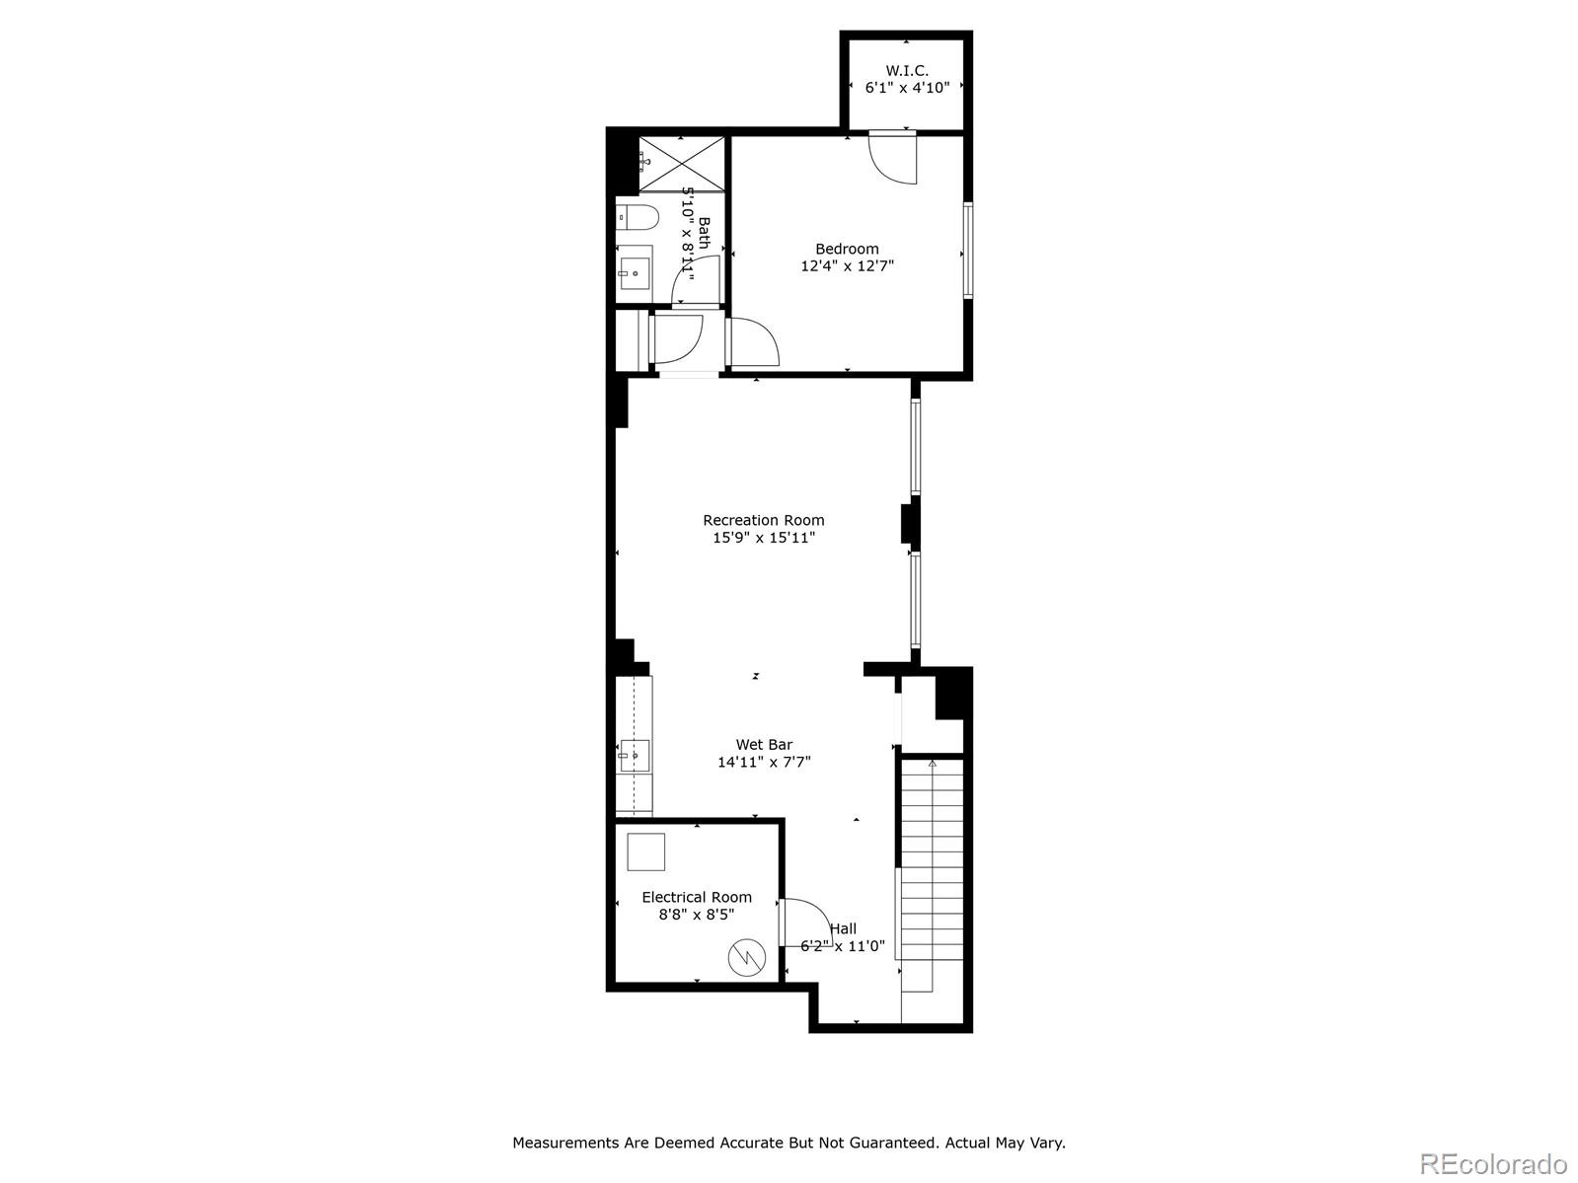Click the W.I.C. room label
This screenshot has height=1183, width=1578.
pyautogui.click(x=907, y=70)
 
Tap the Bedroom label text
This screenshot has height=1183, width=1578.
pyautogui.click(x=847, y=249)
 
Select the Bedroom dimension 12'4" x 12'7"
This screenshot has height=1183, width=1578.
pyautogui.click(x=847, y=266)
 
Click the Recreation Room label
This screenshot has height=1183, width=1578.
pyautogui.click(x=764, y=520)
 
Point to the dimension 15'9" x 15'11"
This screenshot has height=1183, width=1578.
pyautogui.click(x=764, y=538)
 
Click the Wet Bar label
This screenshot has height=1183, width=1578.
pyautogui.click(x=764, y=745)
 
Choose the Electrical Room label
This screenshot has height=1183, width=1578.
pyautogui.click(x=697, y=897)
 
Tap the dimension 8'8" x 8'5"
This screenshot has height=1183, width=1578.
pyautogui.click(x=697, y=915)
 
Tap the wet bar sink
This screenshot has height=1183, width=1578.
pyautogui.click(x=634, y=756)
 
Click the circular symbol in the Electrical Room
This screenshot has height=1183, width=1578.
pyautogui.click(x=746, y=956)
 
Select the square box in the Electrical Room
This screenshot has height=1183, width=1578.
pyautogui.click(x=645, y=851)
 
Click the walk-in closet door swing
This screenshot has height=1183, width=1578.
pyautogui.click(x=894, y=158)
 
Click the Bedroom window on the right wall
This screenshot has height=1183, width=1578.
pyautogui.click(x=968, y=250)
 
